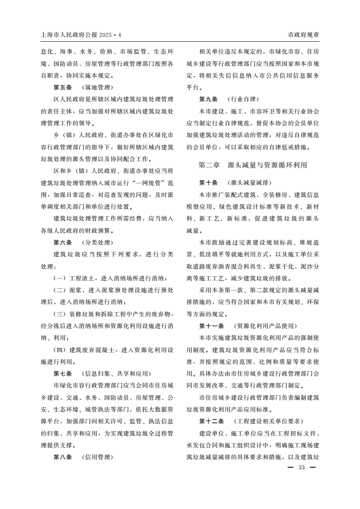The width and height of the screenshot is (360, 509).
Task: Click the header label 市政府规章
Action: (303, 35)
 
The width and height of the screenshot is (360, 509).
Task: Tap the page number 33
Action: (301, 468)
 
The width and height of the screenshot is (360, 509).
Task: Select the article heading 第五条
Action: (63, 87)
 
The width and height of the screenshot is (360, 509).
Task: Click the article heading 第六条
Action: (63, 242)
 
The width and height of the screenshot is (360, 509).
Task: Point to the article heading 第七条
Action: (63, 374)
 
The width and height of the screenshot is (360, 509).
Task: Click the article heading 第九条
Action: (208, 99)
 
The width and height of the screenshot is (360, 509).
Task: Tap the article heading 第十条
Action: (208, 183)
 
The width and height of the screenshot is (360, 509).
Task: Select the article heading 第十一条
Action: (212, 326)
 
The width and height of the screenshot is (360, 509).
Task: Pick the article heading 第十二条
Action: (212, 421)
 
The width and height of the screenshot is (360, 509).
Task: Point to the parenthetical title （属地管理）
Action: (98, 87)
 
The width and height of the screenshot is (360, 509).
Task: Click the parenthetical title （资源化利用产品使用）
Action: (265, 326)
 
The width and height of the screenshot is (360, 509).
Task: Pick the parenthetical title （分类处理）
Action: (98, 242)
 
